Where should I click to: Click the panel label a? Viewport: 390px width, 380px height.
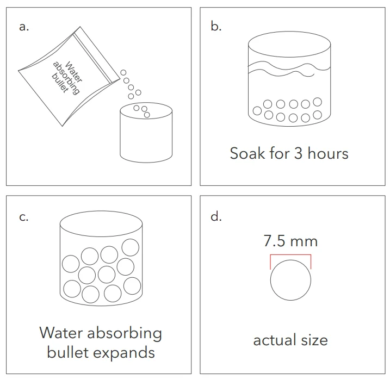24,27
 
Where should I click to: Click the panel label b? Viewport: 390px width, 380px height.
216,26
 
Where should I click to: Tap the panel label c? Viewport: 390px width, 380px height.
23,217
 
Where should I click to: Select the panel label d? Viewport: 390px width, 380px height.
216,216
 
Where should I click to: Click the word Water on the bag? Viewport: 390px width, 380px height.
73,72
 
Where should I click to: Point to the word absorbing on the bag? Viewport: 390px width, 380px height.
66,78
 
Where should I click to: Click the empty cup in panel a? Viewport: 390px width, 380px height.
146,133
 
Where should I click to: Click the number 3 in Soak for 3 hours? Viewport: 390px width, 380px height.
298,153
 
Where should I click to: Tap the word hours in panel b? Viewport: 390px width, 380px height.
328,153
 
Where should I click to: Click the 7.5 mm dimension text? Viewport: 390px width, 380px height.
290,241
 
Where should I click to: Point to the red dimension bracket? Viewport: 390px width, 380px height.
290,255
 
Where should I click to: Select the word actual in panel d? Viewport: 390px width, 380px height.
275,340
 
